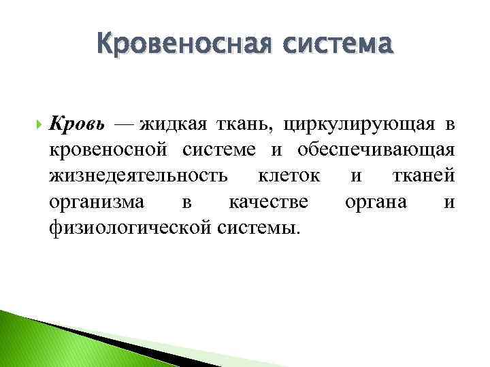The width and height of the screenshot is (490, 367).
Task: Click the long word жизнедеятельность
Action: click(x=138, y=177)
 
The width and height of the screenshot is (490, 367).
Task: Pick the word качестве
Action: click(x=269, y=202)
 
